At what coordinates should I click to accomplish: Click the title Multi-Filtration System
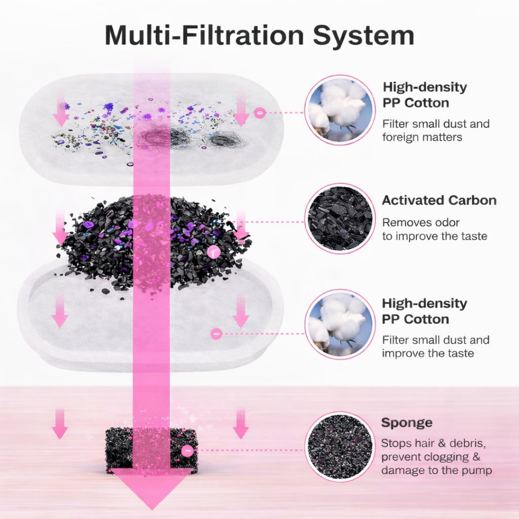(259, 35)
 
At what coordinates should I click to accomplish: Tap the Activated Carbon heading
(439, 200)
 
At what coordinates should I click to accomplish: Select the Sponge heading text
(407, 423)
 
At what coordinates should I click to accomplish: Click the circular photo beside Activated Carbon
(340, 218)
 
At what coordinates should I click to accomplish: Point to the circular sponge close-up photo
(340, 446)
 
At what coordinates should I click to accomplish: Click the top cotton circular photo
(340, 110)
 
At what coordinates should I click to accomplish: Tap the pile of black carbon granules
(154, 240)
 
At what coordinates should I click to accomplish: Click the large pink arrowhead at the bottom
(152, 488)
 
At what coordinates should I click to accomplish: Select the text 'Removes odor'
(421, 222)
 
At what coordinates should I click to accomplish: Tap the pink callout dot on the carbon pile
(213, 251)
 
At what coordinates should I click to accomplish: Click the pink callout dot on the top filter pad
(260, 113)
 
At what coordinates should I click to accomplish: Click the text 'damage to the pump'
(436, 470)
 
